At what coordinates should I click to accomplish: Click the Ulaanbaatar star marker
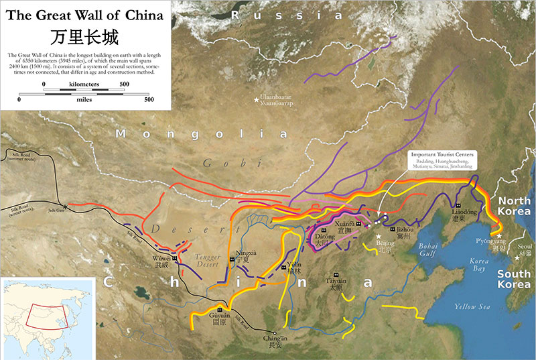pyautogui.click(x=256, y=101)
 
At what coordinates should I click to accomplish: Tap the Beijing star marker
pyautogui.click(x=379, y=236)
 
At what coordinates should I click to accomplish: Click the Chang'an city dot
pyautogui.click(x=274, y=333)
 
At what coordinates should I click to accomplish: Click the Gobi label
pyautogui.click(x=219, y=163)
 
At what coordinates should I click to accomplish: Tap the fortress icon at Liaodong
pyautogui.click(x=458, y=204)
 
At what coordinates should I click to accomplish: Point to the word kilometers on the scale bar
pyautogui.click(x=84, y=84)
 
